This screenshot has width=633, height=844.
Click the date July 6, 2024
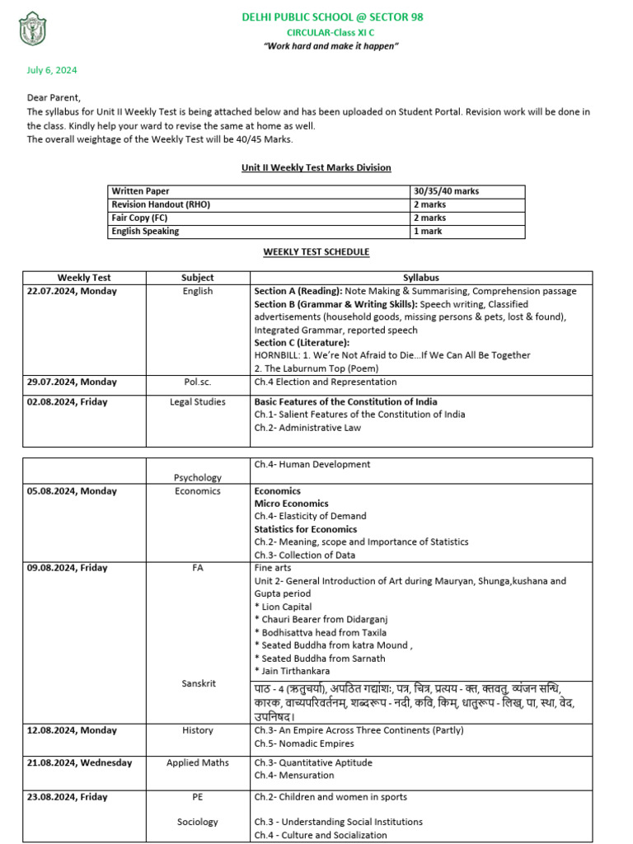point(52,71)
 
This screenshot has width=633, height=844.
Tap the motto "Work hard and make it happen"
point(331,46)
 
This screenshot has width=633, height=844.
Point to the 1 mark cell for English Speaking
point(429,232)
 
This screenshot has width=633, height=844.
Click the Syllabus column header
point(421,278)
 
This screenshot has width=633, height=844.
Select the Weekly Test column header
point(84,278)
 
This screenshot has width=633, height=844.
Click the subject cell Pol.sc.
point(198,382)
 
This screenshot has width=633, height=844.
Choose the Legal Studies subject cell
point(198,402)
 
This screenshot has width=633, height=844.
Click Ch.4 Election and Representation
point(326,382)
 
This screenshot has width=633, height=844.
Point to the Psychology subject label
point(198,477)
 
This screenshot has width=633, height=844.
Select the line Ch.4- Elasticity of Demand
point(310,516)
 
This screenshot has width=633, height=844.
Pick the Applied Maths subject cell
point(198,762)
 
